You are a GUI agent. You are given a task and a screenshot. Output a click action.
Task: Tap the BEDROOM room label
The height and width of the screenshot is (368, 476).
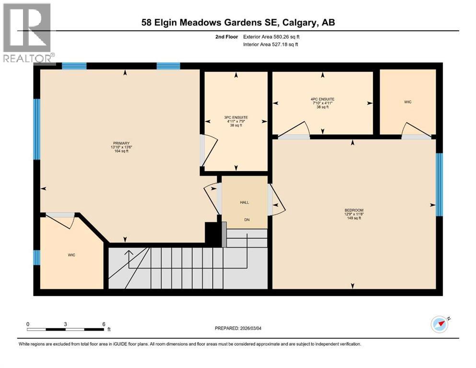354,210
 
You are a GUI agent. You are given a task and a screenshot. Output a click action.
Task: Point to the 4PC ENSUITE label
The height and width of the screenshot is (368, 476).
322,99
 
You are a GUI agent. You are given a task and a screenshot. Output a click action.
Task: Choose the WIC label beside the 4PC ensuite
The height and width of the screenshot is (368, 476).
407,102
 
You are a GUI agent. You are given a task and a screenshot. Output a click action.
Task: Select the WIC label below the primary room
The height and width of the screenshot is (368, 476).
71,255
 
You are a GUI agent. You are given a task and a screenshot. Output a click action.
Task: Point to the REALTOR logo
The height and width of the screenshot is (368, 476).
28,33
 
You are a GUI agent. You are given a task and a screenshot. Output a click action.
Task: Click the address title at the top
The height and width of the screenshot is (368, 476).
238,23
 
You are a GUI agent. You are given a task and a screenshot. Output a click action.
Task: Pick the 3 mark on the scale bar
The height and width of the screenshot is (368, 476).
65,324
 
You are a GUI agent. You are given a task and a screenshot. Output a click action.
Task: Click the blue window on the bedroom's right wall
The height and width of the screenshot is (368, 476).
439,184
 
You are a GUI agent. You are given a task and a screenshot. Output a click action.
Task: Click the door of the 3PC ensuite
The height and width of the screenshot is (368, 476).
209,149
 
